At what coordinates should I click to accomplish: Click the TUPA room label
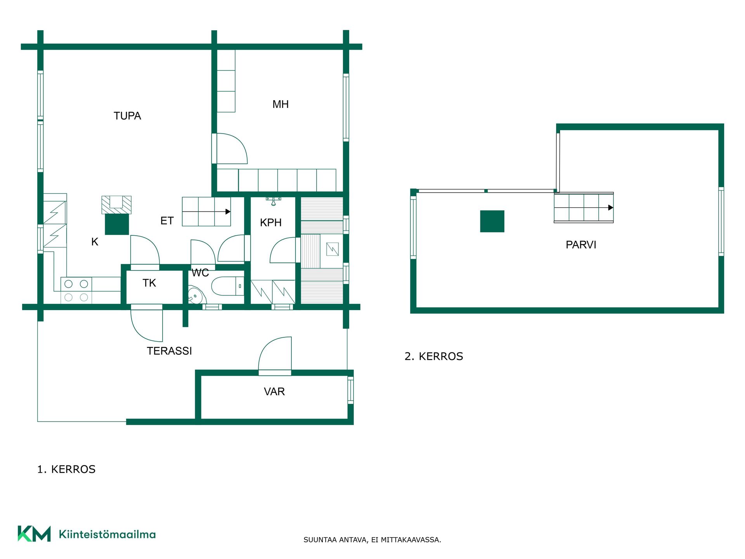coord(127,116)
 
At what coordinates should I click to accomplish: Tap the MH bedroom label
coord(281,104)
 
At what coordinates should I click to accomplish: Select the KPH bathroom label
coord(271,222)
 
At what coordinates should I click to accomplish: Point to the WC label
coord(200,273)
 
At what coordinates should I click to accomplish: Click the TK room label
coord(149,283)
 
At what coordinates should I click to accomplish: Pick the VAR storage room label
coord(274,391)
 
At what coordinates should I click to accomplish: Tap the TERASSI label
coord(170,351)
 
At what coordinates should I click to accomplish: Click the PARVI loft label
coord(581,245)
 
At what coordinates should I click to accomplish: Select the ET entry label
coord(167,221)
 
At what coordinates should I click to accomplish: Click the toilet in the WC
coord(228,286)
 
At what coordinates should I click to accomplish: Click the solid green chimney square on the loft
coord(492,221)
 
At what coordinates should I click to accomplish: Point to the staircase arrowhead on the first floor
coord(228,212)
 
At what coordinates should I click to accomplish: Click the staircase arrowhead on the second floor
coord(611,208)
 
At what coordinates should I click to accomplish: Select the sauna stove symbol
coord(333,249)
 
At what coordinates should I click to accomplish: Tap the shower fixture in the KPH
coord(274,201)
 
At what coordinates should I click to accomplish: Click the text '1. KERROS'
coord(66,469)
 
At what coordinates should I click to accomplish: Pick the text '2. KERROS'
coord(434,356)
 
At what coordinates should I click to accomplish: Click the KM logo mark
coord(34,534)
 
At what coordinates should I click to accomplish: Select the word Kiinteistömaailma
coord(107,534)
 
